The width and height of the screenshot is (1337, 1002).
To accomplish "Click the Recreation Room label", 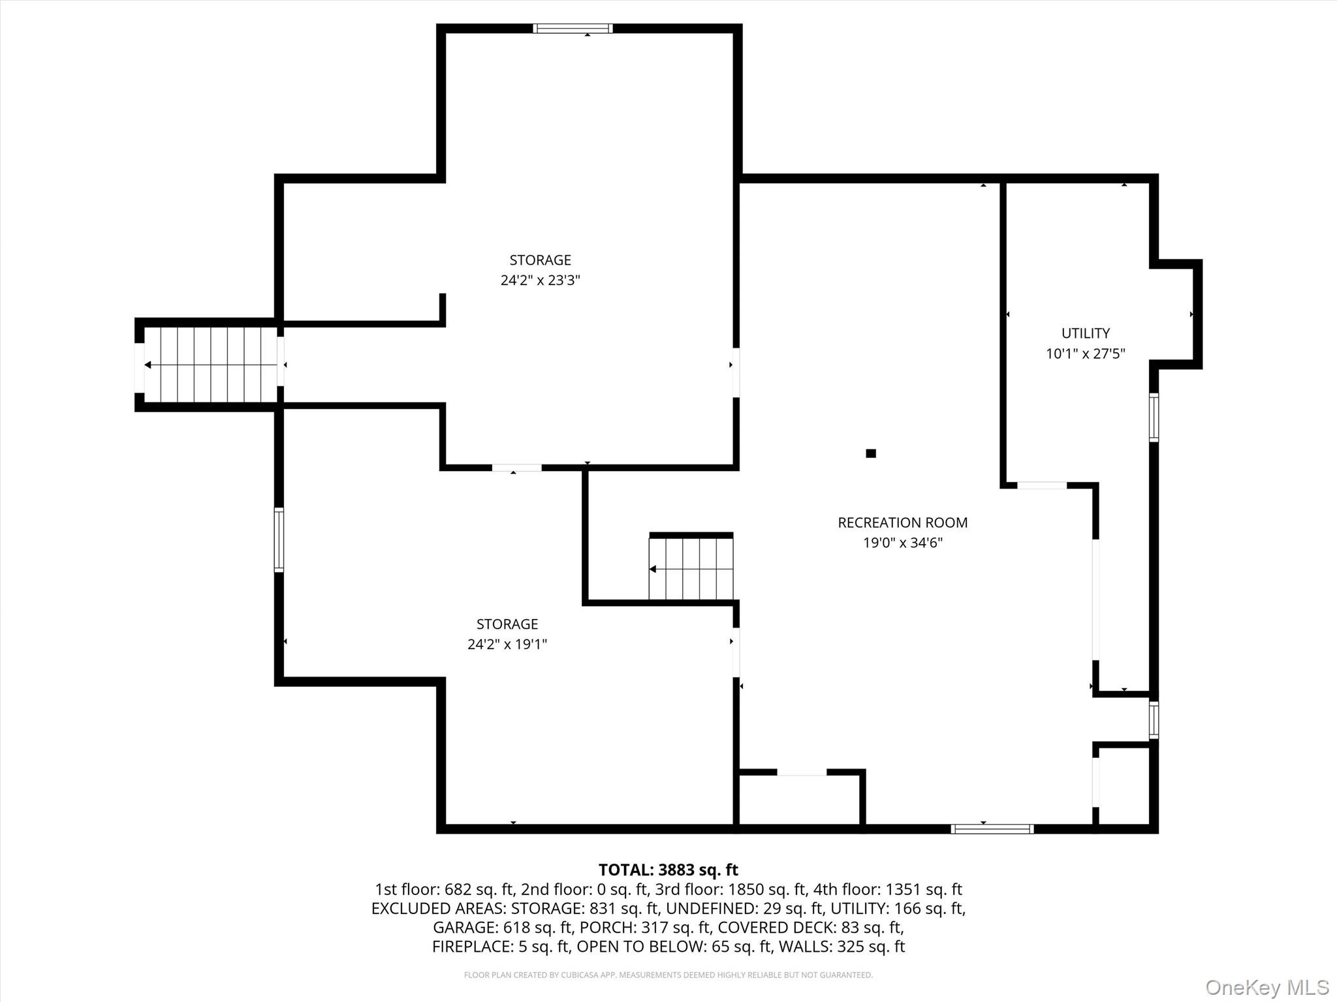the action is click(x=902, y=523).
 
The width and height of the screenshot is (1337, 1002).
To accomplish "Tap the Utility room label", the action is click(x=1085, y=333).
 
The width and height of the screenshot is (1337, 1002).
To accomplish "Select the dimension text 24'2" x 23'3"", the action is click(x=540, y=281).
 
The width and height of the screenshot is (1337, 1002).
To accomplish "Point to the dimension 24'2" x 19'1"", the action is click(x=507, y=645).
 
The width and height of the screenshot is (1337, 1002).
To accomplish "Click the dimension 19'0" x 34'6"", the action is click(x=902, y=543).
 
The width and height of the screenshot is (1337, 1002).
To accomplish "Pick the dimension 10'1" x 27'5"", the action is click(x=1085, y=354).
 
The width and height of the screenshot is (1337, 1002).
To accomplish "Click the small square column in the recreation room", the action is click(x=871, y=453).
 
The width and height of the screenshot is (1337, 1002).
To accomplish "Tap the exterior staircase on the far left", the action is click(x=210, y=365).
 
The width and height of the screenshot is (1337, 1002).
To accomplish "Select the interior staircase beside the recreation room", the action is click(x=691, y=568).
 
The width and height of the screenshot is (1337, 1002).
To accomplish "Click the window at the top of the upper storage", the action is click(x=573, y=28).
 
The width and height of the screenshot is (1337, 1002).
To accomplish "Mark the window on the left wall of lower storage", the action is click(x=279, y=540).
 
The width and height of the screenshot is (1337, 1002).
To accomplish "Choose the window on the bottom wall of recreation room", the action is click(x=992, y=828).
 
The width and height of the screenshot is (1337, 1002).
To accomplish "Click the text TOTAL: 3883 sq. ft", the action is click(x=668, y=870).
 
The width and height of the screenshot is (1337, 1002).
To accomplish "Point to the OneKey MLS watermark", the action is click(x=1267, y=987).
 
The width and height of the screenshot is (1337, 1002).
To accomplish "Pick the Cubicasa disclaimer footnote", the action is click(x=668, y=975).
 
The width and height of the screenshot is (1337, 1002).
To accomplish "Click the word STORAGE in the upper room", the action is click(x=540, y=260).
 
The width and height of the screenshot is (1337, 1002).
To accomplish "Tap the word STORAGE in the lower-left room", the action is click(x=507, y=624).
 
